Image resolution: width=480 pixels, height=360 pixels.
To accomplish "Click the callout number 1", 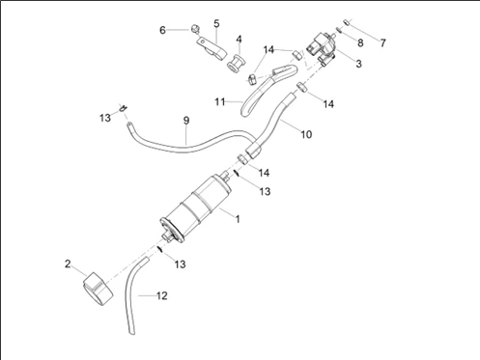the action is coord(238,219).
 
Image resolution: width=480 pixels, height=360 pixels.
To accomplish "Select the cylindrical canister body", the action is coord(195,208).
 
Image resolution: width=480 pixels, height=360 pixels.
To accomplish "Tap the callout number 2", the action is coord(68,263).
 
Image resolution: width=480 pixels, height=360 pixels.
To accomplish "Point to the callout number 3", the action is coord(358,64).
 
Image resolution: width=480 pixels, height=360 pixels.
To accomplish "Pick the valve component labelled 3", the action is coord(323,48).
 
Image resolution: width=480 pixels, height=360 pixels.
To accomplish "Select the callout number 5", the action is coord(216,23).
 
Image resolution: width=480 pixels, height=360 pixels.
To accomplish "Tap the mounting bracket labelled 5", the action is coord(212,48).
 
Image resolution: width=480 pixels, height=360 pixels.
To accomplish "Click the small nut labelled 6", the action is coord(195,29).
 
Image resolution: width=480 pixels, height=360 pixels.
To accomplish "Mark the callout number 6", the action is coord(162,30).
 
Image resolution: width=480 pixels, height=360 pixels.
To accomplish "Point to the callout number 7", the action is coord(382,42).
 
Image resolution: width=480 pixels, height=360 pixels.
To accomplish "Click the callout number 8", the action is coord(360,42).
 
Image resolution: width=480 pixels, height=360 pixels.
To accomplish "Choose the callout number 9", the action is coord(186,121).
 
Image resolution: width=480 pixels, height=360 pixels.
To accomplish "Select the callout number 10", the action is coord(306,134).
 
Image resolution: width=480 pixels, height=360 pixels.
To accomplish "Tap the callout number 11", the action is coord(220,102).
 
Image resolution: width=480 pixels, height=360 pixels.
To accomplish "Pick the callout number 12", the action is coord(162,295).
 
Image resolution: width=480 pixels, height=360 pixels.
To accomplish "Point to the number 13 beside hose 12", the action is coord(181,264).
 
